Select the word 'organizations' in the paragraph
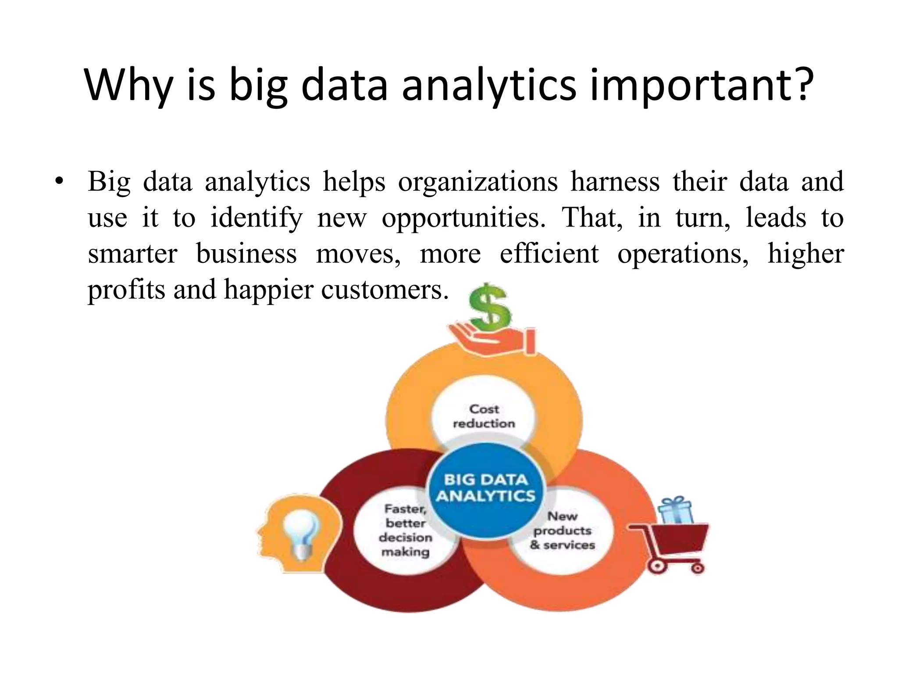point(478,182)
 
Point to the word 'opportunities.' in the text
point(464,218)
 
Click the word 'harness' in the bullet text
point(615,182)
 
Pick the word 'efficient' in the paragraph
point(549,254)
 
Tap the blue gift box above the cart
point(676,510)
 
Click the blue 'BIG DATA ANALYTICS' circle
point(485,488)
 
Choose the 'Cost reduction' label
point(484,416)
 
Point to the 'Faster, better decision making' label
point(405,530)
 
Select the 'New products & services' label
point(563,530)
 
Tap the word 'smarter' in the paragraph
point(132,254)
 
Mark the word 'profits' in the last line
point(126,290)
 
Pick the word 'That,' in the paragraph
point(592,218)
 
